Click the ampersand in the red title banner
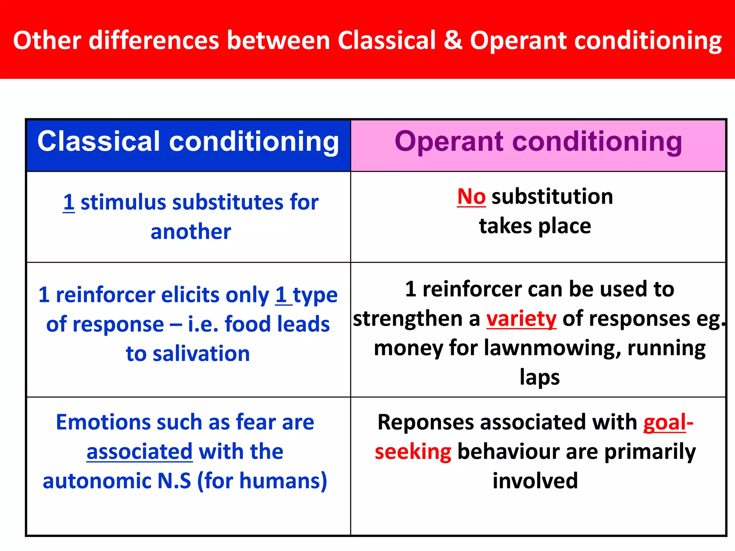[453, 40]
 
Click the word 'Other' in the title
[47, 40]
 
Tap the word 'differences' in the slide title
[154, 40]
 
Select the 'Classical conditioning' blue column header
[188, 142]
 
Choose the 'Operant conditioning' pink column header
[538, 142]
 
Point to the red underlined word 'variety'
[521, 319]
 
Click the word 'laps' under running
[539, 377]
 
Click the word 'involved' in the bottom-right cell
[535, 481]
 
